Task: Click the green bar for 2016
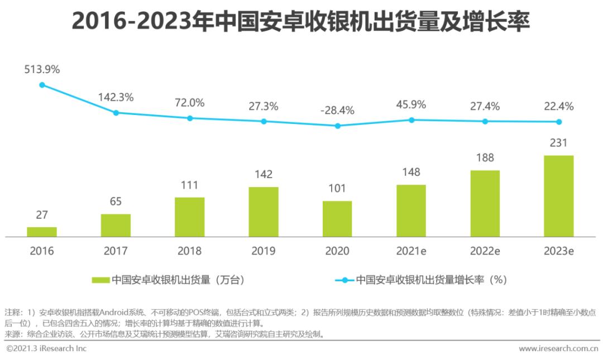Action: click(42, 232)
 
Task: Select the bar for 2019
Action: click(264, 212)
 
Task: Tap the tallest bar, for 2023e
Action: click(559, 196)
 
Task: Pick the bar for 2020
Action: click(337, 219)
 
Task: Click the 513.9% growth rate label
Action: click(42, 70)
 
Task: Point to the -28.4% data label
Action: click(337, 110)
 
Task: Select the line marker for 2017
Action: click(116, 113)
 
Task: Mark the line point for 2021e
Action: click(411, 120)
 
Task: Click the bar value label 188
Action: click(485, 158)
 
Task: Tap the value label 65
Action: click(116, 201)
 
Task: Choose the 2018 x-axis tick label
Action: click(190, 251)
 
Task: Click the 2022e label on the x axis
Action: click(485, 251)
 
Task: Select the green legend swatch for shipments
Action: click(100, 280)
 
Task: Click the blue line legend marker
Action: click(344, 280)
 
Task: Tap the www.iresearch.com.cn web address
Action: click(558, 349)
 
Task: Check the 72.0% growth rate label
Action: click(190, 103)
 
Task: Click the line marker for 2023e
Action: click(559, 122)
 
